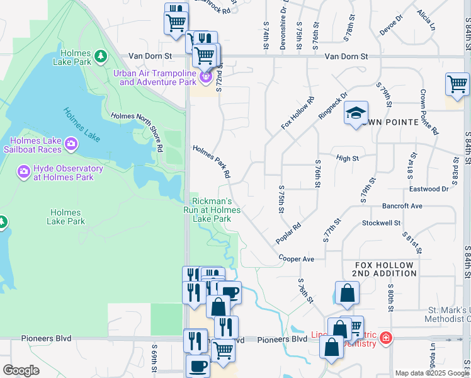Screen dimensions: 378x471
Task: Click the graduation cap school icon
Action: coord(356,113)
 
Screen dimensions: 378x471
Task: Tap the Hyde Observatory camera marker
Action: coord(24,171)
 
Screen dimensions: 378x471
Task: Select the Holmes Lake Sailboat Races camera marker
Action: coord(71,144)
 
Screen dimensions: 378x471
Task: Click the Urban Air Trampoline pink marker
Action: coord(206,77)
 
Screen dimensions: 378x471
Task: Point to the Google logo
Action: coord(21,370)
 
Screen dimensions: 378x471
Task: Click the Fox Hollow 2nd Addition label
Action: coord(384,270)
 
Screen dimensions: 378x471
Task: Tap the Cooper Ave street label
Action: coord(297,258)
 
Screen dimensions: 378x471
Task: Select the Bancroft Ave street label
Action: coord(402,206)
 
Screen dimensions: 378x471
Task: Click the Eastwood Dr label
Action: coord(428,188)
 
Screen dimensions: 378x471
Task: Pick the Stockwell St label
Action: coord(381,223)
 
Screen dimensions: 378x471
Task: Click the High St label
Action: coord(347,158)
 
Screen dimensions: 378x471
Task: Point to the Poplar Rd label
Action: coord(288,233)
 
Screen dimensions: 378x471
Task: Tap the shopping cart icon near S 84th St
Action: coord(457,84)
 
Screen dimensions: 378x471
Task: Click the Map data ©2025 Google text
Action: coord(432,373)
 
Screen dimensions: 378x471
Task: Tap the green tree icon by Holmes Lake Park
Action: coord(100,57)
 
